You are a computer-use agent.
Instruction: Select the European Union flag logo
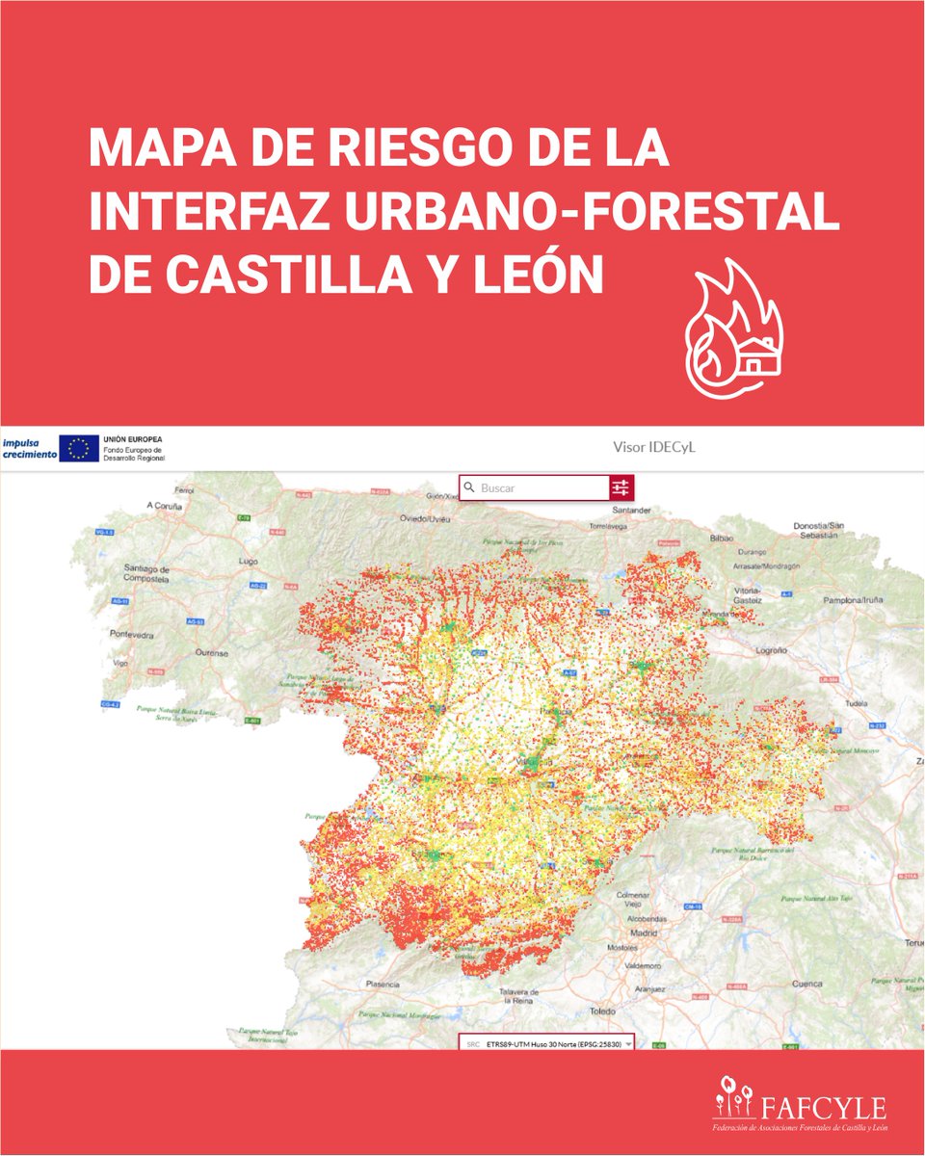[x=78, y=448]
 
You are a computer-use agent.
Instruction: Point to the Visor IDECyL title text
[x=652, y=448]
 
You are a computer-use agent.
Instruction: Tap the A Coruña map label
[x=164, y=505]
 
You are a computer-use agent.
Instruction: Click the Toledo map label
[x=602, y=1011]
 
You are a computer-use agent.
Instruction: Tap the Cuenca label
[x=807, y=984]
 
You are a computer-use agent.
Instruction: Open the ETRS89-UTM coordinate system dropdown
[x=548, y=1043]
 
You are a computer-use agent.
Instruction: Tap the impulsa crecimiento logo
[x=28, y=448]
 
